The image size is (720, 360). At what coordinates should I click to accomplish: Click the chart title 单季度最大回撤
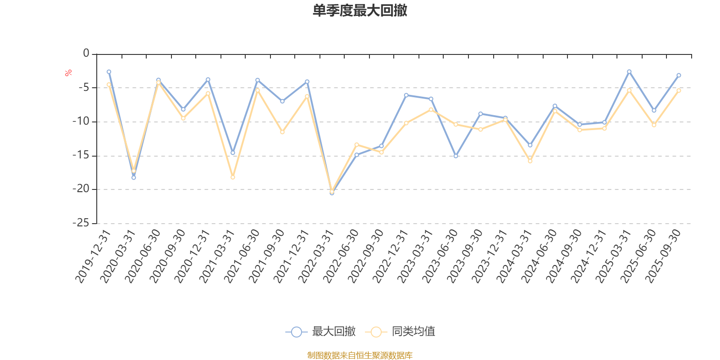click(360, 11)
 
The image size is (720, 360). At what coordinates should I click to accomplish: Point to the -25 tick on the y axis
click(81, 223)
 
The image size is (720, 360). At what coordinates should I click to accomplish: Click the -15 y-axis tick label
click(81, 156)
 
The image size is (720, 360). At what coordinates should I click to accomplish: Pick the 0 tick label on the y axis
click(86, 54)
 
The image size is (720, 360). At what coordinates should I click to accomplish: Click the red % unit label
click(68, 73)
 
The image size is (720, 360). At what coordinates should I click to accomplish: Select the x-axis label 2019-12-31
click(93, 256)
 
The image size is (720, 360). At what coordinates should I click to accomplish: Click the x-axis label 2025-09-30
click(663, 256)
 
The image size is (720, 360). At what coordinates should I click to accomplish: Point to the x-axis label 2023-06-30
click(440, 256)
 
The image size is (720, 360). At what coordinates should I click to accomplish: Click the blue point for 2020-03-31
click(134, 178)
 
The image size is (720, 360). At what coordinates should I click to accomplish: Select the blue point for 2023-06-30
click(456, 156)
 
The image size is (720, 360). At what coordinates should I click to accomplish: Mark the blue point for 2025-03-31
click(629, 72)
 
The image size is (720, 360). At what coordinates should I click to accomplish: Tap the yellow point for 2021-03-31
click(233, 177)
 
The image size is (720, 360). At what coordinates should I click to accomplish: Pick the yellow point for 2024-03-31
click(530, 161)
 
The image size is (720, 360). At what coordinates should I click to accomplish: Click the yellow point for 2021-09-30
click(282, 132)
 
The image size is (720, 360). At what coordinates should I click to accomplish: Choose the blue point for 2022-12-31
click(406, 95)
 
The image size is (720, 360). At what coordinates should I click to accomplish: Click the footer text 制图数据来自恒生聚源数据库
click(360, 355)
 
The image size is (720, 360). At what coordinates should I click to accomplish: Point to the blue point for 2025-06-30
click(654, 110)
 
